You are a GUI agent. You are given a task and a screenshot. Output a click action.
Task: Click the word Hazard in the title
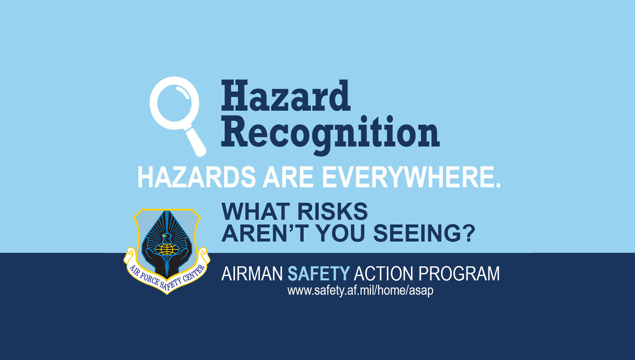pyautogui.click(x=285, y=96)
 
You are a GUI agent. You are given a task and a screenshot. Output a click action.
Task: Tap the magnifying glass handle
pyautogui.click(x=196, y=142)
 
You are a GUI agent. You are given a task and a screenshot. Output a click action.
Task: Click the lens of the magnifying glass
pyautogui.click(x=174, y=103)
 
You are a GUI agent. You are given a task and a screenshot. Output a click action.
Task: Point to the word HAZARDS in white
pyautogui.click(x=196, y=177)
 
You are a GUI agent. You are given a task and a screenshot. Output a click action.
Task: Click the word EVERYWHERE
pyautogui.click(x=411, y=177)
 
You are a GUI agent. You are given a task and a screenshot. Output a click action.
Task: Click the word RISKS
pyautogui.click(x=332, y=212)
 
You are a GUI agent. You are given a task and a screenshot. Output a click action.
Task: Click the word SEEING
pyautogui.click(x=416, y=233)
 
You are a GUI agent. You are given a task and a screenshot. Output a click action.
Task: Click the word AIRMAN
pyautogui.click(x=252, y=274)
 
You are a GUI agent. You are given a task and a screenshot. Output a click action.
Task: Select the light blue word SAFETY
pyautogui.click(x=318, y=274)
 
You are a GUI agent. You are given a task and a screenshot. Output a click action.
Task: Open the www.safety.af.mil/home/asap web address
pyautogui.click(x=360, y=291)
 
